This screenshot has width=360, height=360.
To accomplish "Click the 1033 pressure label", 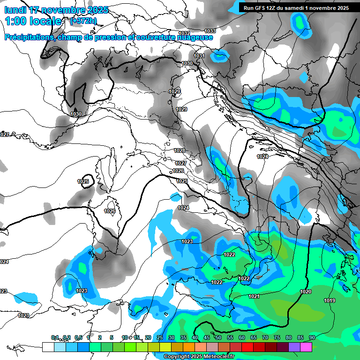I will (x=210, y=31).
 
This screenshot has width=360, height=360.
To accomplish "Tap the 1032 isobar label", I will (x=184, y=33).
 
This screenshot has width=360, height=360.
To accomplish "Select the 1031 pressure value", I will (x=199, y=56).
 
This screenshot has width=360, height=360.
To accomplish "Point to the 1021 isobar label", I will (x=254, y=296).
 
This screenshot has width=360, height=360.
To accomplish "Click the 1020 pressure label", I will (x=306, y=292).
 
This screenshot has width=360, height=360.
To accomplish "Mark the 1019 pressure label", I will (x=330, y=300).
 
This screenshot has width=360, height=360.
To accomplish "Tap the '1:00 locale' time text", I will (x=33, y=21).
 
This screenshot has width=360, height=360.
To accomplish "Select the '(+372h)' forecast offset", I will (x=84, y=21).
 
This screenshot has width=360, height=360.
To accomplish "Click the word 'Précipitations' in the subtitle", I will (x=28, y=37).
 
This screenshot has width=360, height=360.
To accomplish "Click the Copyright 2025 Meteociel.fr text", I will (x=199, y=356).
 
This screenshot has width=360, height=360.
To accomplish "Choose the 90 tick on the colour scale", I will (x=312, y=337).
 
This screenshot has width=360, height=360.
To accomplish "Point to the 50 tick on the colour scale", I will (x=218, y=337).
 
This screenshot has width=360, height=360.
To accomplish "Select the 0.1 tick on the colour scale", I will (x=55, y=337).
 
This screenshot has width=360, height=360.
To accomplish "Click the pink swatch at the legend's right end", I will (x=306, y=347).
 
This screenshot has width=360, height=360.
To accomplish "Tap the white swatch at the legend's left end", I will (x=48, y=347).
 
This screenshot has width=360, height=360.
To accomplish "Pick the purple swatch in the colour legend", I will (x=294, y=347).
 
